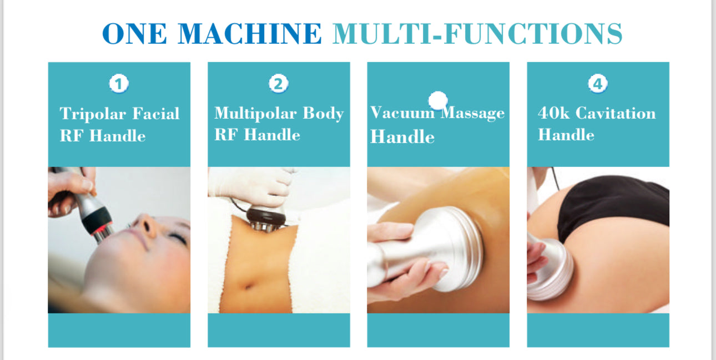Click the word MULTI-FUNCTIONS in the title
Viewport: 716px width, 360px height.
[477, 33]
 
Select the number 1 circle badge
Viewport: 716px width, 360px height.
[119, 84]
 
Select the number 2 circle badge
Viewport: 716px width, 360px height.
[279, 84]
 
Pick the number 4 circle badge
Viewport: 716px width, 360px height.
[598, 84]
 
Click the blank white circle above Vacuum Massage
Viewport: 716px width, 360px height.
[438, 101]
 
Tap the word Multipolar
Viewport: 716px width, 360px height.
[255, 113]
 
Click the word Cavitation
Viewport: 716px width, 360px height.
[616, 113]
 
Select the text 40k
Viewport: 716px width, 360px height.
[554, 113]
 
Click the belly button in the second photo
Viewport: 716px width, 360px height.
[250, 287]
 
